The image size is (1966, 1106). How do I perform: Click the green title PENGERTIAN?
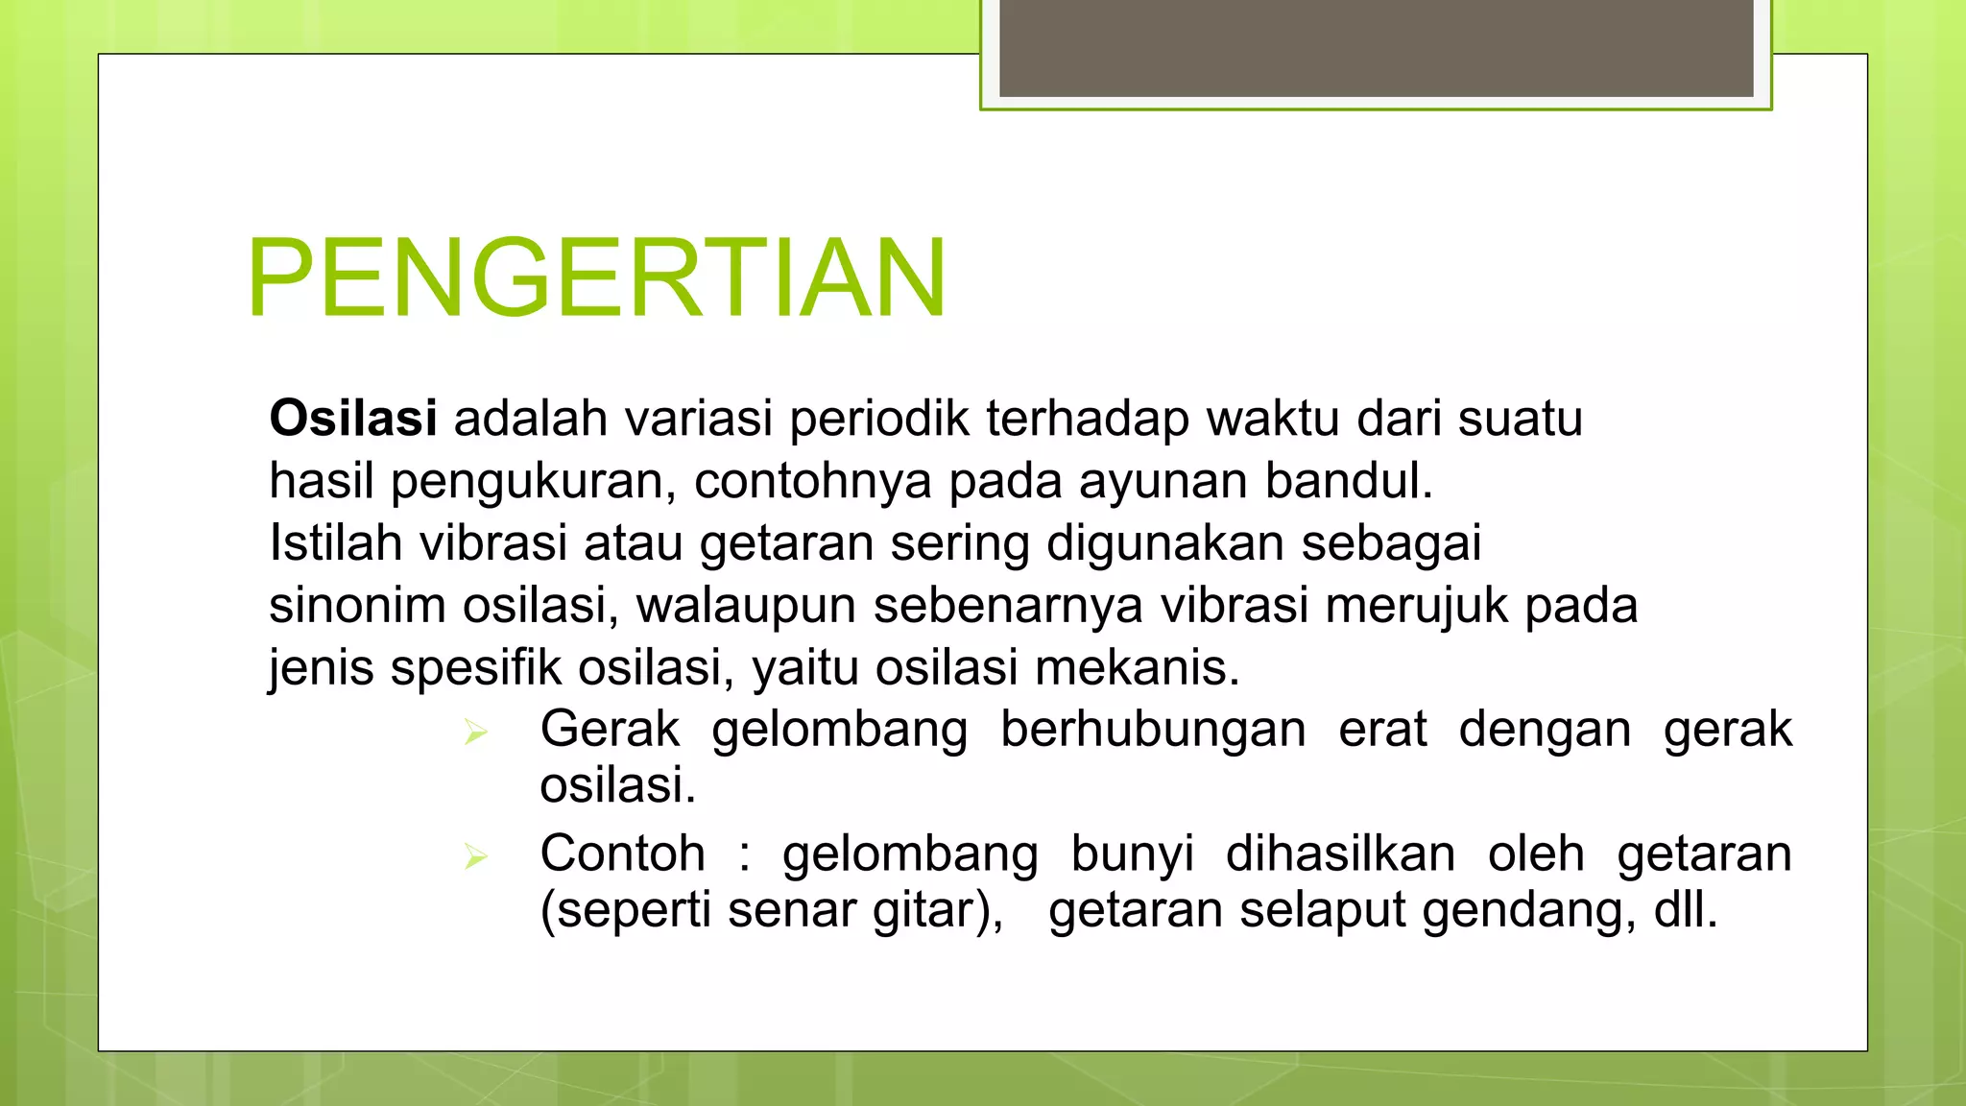pos(596,278)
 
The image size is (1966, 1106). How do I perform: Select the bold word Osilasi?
pos(353,419)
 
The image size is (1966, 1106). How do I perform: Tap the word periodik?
pos(878,419)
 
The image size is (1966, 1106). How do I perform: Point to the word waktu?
pos(1274,419)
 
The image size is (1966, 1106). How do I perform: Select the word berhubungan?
pos(1153,729)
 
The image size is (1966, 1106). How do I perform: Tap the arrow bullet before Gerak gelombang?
pos(475,733)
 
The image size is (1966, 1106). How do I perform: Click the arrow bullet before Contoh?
pos(475,856)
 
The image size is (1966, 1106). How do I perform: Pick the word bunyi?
pos(1132,854)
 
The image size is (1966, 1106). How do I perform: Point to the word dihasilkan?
pos(1340,854)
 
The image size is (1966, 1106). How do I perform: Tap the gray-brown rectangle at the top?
pos(1376,48)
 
